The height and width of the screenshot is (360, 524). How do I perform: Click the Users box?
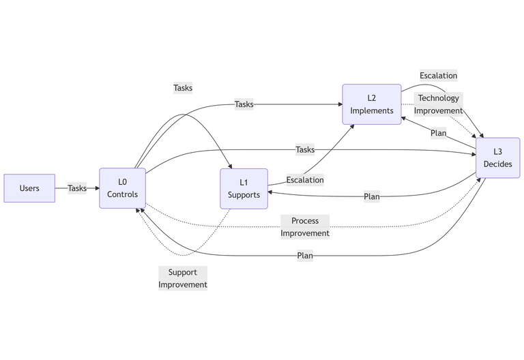pos(29,188)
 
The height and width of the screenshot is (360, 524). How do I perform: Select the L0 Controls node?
pos(123,188)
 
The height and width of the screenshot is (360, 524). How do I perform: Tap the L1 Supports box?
pos(244,189)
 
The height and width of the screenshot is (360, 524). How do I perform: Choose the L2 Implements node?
pos(372,104)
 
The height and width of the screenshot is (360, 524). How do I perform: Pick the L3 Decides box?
pos(497,158)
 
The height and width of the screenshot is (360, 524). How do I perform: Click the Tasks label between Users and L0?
pos(77,188)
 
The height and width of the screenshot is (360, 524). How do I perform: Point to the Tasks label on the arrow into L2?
pos(244,104)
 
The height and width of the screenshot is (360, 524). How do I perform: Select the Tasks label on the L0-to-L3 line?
pos(305,149)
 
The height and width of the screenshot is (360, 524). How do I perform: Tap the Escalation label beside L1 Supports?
pos(305,180)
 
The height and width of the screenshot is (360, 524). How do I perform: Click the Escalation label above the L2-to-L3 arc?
pos(439,76)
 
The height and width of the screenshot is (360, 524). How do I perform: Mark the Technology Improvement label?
pos(439,104)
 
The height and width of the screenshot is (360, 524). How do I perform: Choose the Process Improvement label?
pos(305,227)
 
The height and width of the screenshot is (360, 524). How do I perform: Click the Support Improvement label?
pos(183,278)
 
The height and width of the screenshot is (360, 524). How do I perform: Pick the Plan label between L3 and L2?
pos(439,133)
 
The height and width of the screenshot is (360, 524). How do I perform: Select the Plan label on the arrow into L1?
pos(372,196)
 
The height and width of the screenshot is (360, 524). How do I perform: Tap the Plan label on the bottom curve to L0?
pos(305,256)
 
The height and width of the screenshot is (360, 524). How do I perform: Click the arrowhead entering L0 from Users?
pos(97,188)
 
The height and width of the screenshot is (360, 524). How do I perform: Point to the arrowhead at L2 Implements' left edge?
pos(340,104)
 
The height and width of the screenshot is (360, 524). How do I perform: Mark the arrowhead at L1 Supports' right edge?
pos(270,192)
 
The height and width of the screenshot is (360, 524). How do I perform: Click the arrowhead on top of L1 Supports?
pos(232,166)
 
